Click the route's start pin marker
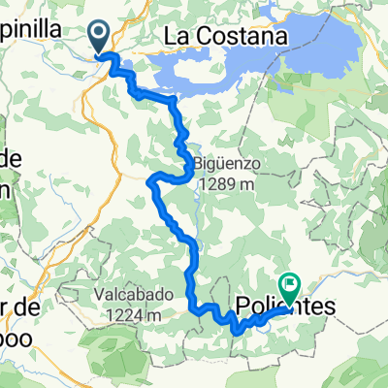point(102,37)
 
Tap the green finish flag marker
point(288,285)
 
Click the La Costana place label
point(228,36)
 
